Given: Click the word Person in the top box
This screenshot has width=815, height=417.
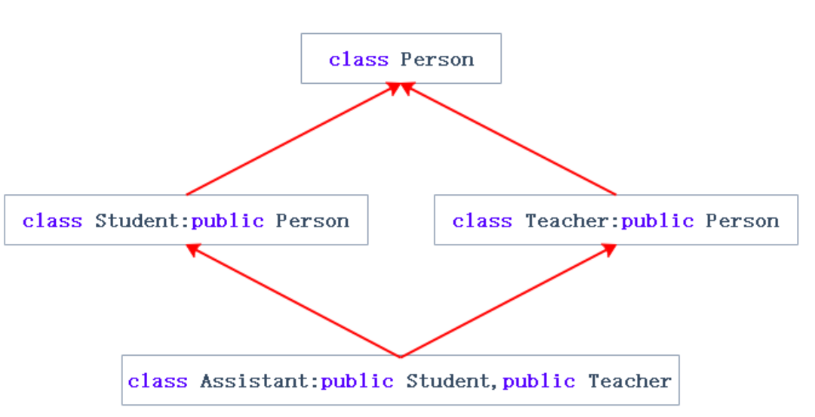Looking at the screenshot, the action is (437, 60).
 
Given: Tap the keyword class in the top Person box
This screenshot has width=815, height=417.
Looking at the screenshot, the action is (358, 60).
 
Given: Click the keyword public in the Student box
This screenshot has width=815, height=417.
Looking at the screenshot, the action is (227, 221).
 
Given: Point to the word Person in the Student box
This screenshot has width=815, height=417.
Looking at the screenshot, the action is (312, 221).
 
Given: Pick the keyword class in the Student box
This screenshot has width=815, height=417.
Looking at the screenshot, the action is (52, 221).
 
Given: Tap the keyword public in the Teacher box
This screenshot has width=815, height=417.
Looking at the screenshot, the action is (657, 221).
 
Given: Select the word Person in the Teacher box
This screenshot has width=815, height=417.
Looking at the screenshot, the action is (742, 221).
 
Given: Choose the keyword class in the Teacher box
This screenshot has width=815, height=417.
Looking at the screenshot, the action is (482, 221).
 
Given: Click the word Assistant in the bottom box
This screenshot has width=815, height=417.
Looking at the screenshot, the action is (254, 381).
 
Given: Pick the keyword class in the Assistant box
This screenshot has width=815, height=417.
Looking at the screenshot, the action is (158, 381).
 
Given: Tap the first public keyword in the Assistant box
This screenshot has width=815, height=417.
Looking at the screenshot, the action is (357, 381).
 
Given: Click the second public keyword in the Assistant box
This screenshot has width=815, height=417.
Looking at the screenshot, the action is (539, 381).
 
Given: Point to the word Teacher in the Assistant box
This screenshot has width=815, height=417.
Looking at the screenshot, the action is (629, 381).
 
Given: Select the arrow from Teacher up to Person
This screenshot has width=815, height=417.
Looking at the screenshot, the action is (509, 140).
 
